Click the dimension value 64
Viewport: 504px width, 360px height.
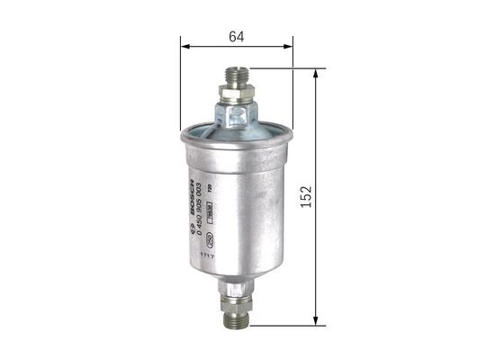tap(237, 37)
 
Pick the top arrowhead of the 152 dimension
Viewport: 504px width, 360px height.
tap(315, 72)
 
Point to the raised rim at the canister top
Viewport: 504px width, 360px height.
tap(236, 137)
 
